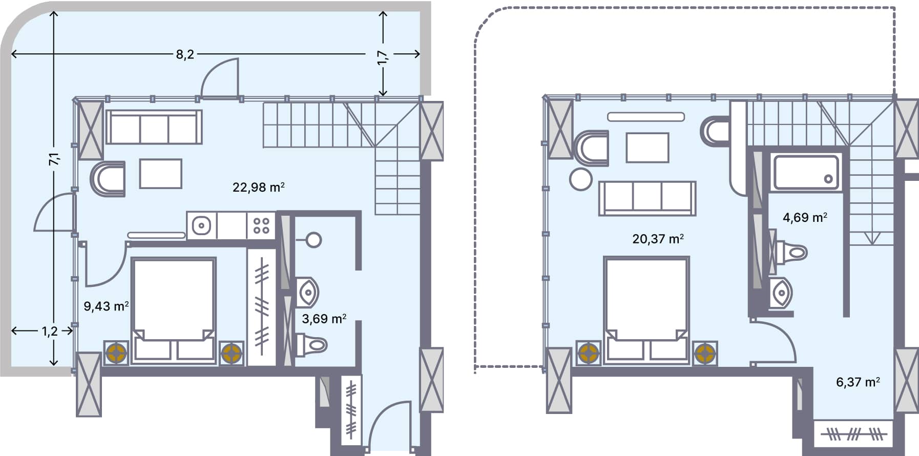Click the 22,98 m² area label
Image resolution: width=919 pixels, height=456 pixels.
[258, 187]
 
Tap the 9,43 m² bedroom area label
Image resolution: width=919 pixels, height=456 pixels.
[106, 306]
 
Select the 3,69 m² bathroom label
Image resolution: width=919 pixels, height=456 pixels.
[324, 319]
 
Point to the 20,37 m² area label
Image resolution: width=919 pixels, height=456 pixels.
[658, 239]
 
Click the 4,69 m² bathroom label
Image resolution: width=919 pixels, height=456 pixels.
[805, 217]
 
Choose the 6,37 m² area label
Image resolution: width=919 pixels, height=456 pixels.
[858, 382]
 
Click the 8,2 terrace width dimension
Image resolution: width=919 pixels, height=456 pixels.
[185, 54]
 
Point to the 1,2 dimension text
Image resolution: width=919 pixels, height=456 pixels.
[50, 331]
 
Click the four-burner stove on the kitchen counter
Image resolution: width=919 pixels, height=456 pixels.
[261, 225]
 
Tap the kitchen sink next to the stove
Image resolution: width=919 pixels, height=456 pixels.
[202, 225]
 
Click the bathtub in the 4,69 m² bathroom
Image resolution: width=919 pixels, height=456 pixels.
[806, 173]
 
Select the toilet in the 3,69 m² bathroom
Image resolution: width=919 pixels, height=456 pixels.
[311, 345]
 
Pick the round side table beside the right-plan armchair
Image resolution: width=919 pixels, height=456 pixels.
[580, 180]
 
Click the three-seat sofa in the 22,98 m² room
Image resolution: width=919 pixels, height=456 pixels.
[154, 128]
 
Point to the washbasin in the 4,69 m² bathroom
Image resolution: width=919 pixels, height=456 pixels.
[781, 294]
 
